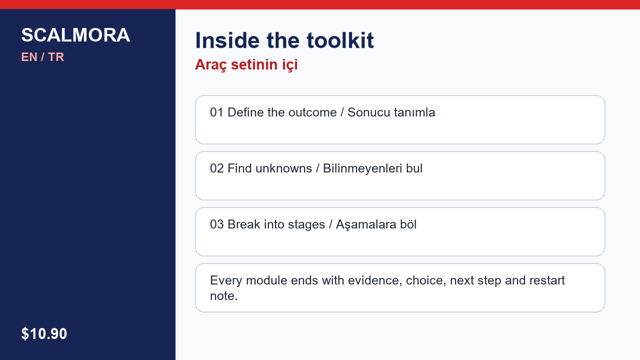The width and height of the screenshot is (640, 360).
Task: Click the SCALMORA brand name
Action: pyautogui.click(x=75, y=35)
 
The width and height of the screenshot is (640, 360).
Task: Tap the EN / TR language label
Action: pyautogui.click(x=42, y=57)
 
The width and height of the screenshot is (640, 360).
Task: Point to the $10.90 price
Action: pyautogui.click(x=44, y=333)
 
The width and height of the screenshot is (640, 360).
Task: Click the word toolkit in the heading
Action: pyautogui.click(x=340, y=40)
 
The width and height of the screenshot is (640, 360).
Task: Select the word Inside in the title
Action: pyautogui.click(x=227, y=40)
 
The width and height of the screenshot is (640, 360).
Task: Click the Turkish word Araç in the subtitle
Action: pyautogui.click(x=211, y=65)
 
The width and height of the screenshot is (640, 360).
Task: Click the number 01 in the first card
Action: pyautogui.click(x=217, y=112)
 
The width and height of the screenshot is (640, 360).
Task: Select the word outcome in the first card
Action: pyautogui.click(x=312, y=112)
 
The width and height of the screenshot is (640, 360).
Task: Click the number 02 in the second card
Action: pyautogui.click(x=217, y=168)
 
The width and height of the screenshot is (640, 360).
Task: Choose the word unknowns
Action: pyautogui.click(x=283, y=168)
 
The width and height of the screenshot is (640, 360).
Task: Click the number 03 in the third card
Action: pyautogui.click(x=217, y=224)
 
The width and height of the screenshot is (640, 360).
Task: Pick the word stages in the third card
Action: pyautogui.click(x=306, y=225)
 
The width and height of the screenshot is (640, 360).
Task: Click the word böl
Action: pyautogui.click(x=408, y=224)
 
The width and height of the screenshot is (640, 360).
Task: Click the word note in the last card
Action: pyautogui.click(x=222, y=296)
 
